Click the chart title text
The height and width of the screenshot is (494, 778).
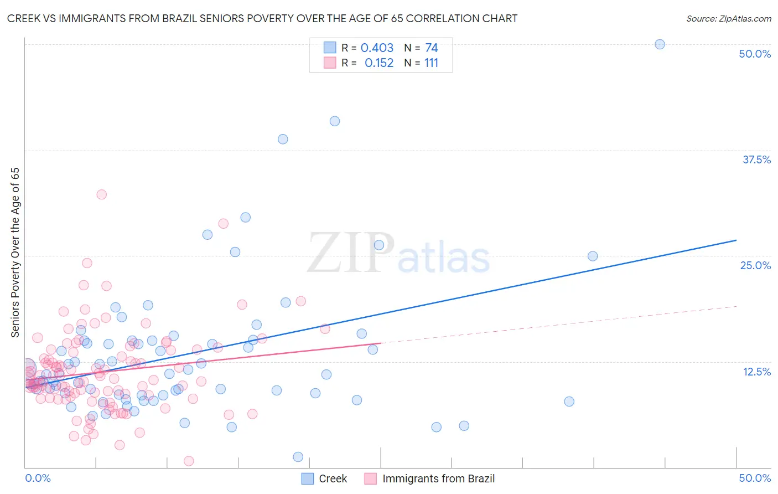coord(262,18)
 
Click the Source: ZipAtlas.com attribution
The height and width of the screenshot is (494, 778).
coord(728,18)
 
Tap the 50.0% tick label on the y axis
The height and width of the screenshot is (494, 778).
coord(755,54)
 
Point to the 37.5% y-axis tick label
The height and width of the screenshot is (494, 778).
coord(756,159)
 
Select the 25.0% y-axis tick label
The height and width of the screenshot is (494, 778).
coord(755,265)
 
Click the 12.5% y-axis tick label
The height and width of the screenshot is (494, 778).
coord(756,372)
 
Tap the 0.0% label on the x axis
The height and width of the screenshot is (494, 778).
coord(38,478)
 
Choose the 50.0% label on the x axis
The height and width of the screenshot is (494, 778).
coord(755,478)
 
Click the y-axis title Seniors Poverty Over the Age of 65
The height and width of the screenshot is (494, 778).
coord(15,252)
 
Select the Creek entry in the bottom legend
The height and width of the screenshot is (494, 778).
coord(333,478)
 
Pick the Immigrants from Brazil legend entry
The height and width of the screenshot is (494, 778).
coord(438,478)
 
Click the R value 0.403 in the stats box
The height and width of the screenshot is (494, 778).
coord(377,48)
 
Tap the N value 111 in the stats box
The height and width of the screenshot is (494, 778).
coord(431,63)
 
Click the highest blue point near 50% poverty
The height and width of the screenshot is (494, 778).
coord(660,44)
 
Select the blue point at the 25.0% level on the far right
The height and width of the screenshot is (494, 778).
coord(593,256)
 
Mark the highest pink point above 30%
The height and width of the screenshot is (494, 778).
coord(101,194)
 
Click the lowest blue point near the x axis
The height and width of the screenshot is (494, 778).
coord(298,457)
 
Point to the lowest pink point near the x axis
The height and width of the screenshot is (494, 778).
coord(189,461)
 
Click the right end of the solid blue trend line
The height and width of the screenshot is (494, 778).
coord(736,240)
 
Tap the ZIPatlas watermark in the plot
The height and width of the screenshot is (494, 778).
coord(398,254)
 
